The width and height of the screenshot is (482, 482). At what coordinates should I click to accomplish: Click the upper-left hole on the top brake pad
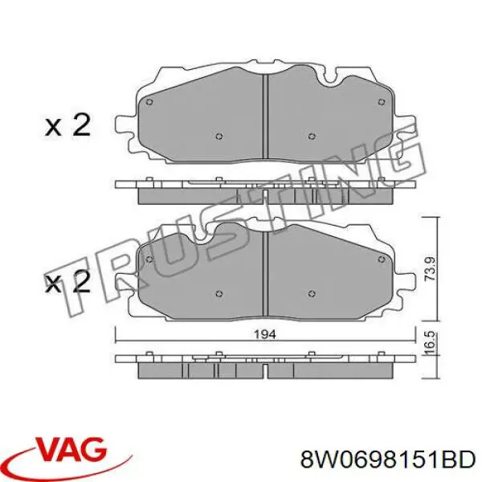click(149, 101)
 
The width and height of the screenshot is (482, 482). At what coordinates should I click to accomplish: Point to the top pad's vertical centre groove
click(265, 120)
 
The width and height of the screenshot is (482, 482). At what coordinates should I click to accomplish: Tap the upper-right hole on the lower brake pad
click(382, 258)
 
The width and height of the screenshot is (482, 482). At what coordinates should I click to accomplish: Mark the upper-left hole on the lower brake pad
click(149, 258)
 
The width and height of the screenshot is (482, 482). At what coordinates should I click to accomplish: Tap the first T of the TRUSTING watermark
click(76, 277)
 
